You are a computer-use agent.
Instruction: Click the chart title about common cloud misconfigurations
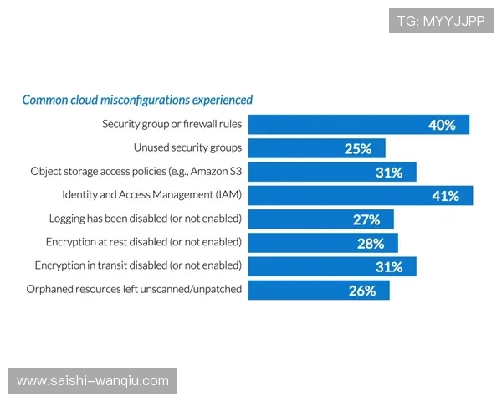137,100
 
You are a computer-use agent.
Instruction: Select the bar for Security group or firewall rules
335,125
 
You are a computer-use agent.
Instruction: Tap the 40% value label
442,125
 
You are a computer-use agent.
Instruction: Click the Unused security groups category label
188,148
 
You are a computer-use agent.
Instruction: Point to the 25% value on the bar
357,149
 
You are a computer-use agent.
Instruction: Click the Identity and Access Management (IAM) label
151,195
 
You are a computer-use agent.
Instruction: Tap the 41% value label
445,196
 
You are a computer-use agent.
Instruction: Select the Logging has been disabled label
146,219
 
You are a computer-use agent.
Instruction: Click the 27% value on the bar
366,219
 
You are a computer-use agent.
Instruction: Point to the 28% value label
371,244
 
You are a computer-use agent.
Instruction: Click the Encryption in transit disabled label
138,265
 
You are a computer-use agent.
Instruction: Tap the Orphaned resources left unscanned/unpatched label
135,289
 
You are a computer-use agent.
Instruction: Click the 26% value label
361,291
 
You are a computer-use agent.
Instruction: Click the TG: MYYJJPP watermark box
441,21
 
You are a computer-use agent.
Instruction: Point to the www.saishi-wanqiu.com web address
93,381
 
